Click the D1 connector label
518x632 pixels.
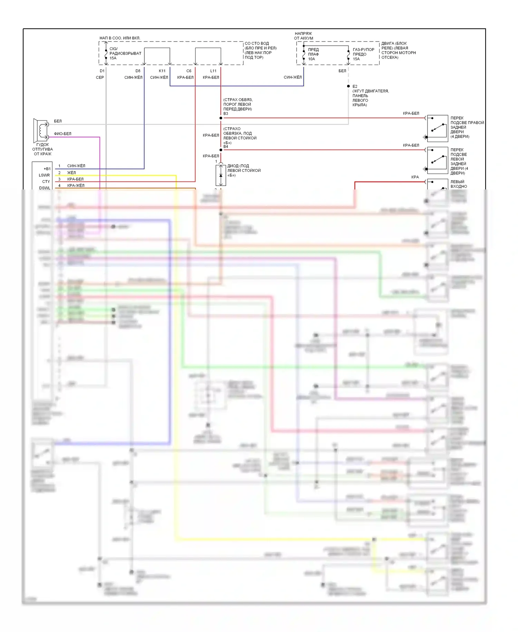point(102,71)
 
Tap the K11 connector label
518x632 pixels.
point(162,71)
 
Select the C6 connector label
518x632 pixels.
point(189,71)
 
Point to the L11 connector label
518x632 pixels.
point(213,71)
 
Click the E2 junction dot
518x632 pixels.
point(348,86)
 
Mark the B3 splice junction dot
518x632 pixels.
point(221,118)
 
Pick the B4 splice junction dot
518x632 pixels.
point(221,150)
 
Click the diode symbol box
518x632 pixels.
point(221,175)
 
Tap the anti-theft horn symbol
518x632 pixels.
point(41,130)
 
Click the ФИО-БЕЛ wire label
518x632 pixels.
point(63,134)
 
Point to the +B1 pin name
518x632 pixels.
point(47,169)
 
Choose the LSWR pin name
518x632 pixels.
point(44,175)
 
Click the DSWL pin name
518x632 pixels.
point(45,188)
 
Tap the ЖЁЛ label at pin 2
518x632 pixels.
point(71,173)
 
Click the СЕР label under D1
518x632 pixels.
point(100,77)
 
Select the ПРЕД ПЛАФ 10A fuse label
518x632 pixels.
point(313,54)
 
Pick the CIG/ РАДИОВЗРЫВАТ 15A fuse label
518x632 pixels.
point(125,53)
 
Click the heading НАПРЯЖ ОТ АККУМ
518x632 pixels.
point(304,36)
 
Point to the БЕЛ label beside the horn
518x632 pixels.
point(58,121)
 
